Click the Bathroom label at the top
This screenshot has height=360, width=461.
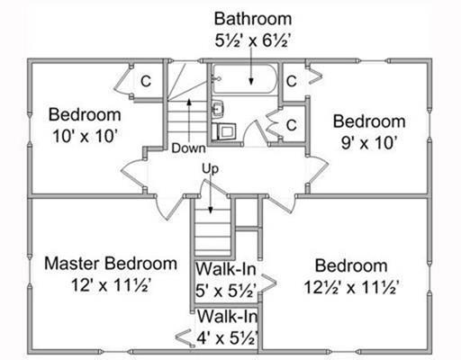253,19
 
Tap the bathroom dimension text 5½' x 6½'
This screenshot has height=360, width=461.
253,40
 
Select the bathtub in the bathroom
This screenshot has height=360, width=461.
245,79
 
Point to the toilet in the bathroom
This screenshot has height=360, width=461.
224,130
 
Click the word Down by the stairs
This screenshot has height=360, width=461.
189,148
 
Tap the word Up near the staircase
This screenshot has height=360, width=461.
210,169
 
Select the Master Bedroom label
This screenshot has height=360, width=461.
111,264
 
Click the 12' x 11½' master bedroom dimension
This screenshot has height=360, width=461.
111,285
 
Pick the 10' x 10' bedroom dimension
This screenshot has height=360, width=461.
85,136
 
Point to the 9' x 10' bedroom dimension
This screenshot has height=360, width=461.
369,143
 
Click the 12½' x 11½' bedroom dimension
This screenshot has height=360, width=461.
351,287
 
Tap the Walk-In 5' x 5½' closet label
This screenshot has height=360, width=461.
226,280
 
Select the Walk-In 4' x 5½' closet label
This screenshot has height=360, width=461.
227,327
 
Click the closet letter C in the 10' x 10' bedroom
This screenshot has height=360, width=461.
146,81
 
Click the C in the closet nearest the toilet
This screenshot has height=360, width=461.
292,125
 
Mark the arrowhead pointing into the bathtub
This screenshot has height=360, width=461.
251,81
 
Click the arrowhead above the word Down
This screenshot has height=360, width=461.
189,102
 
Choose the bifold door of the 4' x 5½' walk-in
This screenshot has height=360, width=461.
184,338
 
